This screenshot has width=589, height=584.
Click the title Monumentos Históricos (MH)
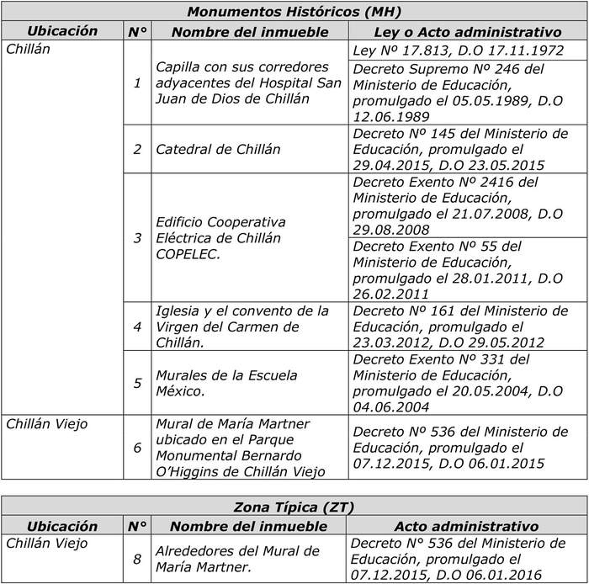[294, 12]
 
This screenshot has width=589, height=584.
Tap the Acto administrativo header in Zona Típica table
[466, 526]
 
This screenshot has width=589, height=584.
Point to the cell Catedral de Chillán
[206, 149]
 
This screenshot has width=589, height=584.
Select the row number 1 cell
[137, 83]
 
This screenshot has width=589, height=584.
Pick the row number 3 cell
[137, 238]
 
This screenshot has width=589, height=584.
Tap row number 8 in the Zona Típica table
[137, 559]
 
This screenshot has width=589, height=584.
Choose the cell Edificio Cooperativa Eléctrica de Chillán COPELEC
[221, 238]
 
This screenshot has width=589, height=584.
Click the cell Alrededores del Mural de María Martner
[238, 559]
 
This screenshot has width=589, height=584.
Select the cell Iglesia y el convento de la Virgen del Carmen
[242, 327]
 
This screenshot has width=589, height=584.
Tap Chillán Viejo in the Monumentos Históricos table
[46, 424]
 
